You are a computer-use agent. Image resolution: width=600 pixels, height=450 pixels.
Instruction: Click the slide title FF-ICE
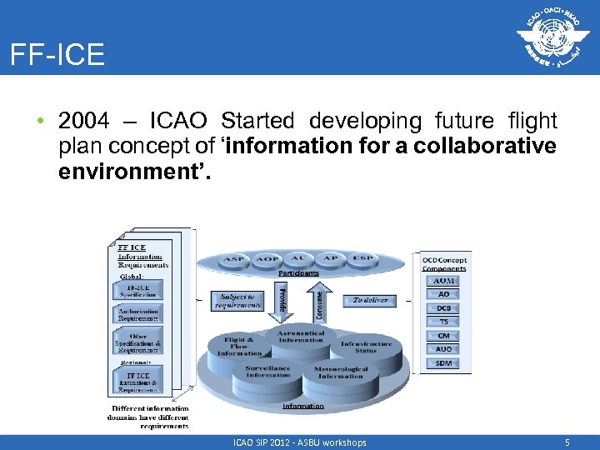(x=57, y=55)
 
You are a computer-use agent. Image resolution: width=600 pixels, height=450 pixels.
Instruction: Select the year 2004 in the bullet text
(x=84, y=122)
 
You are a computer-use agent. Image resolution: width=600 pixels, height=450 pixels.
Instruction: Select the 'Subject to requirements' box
(x=238, y=300)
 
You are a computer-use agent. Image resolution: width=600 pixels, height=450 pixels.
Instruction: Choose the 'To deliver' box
(x=370, y=300)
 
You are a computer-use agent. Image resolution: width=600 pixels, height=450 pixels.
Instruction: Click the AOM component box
(x=443, y=281)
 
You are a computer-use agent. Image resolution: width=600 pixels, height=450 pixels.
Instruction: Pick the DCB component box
(x=443, y=308)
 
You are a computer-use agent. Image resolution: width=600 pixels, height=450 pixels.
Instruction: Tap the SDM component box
(x=443, y=363)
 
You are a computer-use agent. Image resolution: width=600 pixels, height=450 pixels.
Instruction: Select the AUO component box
(x=443, y=349)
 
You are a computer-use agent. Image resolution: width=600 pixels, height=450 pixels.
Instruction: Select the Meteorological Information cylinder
(x=340, y=372)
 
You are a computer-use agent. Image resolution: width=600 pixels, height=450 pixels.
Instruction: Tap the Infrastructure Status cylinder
(x=365, y=347)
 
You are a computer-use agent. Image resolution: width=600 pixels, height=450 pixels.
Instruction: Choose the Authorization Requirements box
(x=138, y=313)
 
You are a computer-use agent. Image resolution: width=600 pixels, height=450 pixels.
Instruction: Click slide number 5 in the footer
(x=567, y=442)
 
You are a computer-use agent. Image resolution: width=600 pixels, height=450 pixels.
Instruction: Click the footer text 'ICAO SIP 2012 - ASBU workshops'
(x=300, y=442)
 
